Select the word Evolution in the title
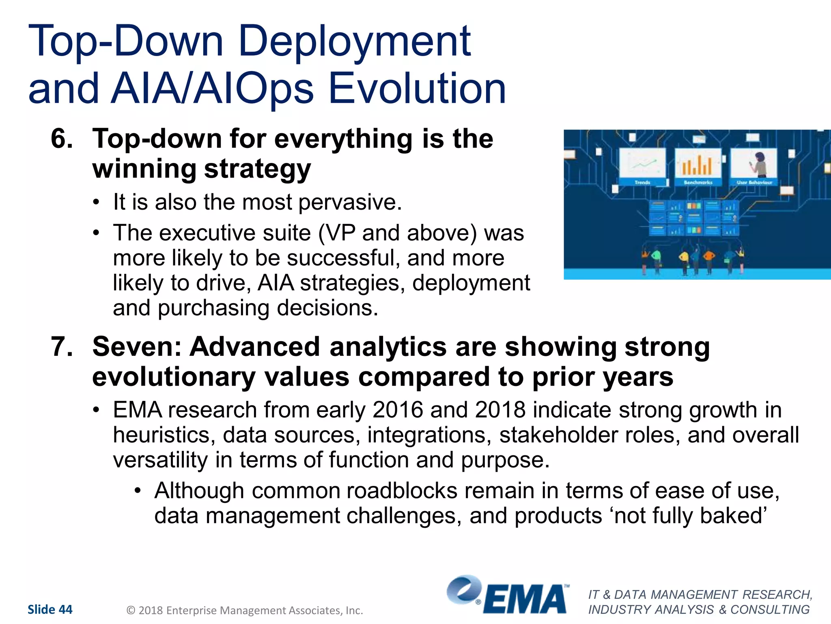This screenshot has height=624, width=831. coord(417,88)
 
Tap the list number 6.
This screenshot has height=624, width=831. coord(61,139)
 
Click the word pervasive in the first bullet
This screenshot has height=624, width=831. coord(350,202)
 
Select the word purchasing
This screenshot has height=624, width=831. coord(213,308)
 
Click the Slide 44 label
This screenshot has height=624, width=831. coord(50,609)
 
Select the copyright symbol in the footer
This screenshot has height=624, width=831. coord(131,610)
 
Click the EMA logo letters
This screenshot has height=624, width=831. coord(524,599)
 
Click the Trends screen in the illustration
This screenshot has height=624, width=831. coord(642,165)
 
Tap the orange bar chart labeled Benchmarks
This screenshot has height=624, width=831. coord(697,165)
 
